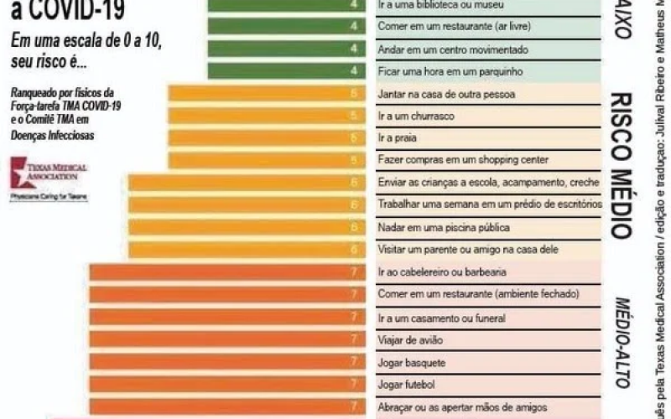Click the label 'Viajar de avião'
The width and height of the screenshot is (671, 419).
click(412, 340)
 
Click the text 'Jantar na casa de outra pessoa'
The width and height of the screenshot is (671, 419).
click(446, 93)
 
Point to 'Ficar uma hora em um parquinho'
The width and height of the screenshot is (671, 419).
click(450, 71)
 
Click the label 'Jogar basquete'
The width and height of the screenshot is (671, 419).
click(412, 363)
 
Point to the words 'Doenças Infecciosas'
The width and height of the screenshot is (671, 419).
click(53, 135)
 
